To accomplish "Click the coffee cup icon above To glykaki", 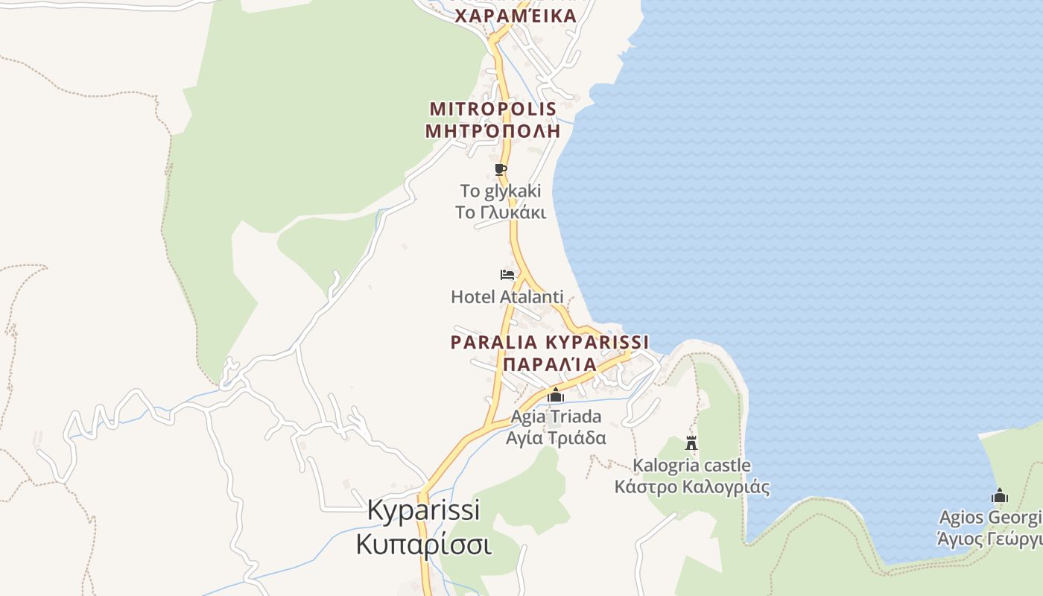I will pos(501,170).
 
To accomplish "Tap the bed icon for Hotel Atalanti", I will pos(507,275).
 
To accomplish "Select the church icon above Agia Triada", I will pos(556,395).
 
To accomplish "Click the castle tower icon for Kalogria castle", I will pos(691,443).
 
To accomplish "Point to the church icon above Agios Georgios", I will pos(1000,495).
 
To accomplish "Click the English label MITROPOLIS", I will pos(493,109).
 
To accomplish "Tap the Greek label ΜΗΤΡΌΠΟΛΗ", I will pos(492,131).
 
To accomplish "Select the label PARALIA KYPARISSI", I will pos(550,343).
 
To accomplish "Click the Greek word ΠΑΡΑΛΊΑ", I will pos(550,364).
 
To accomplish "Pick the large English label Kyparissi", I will pos(424,510).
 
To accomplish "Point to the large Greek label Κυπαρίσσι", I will pos(423,544).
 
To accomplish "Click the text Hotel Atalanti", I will pos(507,297).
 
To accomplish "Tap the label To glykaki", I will pos(501,191).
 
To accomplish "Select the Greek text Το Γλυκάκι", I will pos(501,212).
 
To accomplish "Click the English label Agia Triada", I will pos(556,416).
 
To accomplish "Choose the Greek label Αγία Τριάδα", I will pos(556,438).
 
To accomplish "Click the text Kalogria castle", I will pos(691,466).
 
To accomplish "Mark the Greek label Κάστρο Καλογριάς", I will pos(691,487).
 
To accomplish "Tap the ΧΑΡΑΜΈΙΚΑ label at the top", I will pos(516,16).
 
